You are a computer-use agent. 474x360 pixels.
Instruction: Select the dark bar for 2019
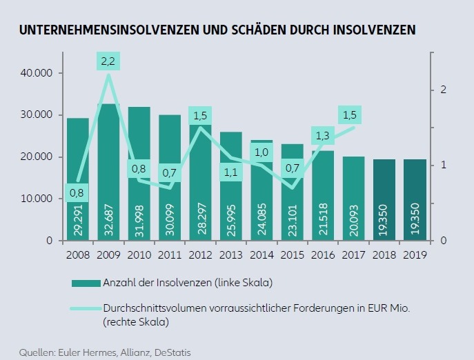415,200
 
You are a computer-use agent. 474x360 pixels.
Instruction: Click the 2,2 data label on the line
108,62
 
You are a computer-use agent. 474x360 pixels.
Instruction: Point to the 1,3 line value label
322,136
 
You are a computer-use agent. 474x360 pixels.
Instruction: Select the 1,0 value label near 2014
262,152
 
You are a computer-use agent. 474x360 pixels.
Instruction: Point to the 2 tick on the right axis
444,90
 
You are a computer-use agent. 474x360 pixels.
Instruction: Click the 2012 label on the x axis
200,254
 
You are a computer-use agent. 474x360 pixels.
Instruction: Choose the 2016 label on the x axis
323,254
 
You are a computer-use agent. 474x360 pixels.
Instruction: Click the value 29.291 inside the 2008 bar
78,219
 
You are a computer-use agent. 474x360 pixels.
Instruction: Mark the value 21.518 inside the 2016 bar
323,219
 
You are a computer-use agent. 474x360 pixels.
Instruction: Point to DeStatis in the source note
170,352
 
